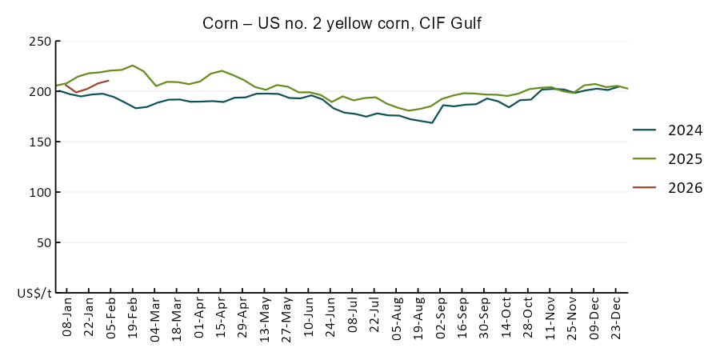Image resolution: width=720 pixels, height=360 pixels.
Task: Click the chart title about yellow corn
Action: point(342,23)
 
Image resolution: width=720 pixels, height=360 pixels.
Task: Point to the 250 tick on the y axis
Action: point(39,42)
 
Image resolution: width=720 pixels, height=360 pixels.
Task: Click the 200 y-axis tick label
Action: point(39,92)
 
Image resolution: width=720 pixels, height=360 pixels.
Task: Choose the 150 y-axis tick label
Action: point(39,142)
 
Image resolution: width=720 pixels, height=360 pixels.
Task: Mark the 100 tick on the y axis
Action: point(39,193)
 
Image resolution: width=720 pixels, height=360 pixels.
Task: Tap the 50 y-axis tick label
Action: point(43,243)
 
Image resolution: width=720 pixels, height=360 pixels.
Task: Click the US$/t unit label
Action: point(34,294)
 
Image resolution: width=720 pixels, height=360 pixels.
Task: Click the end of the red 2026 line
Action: point(108,80)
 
